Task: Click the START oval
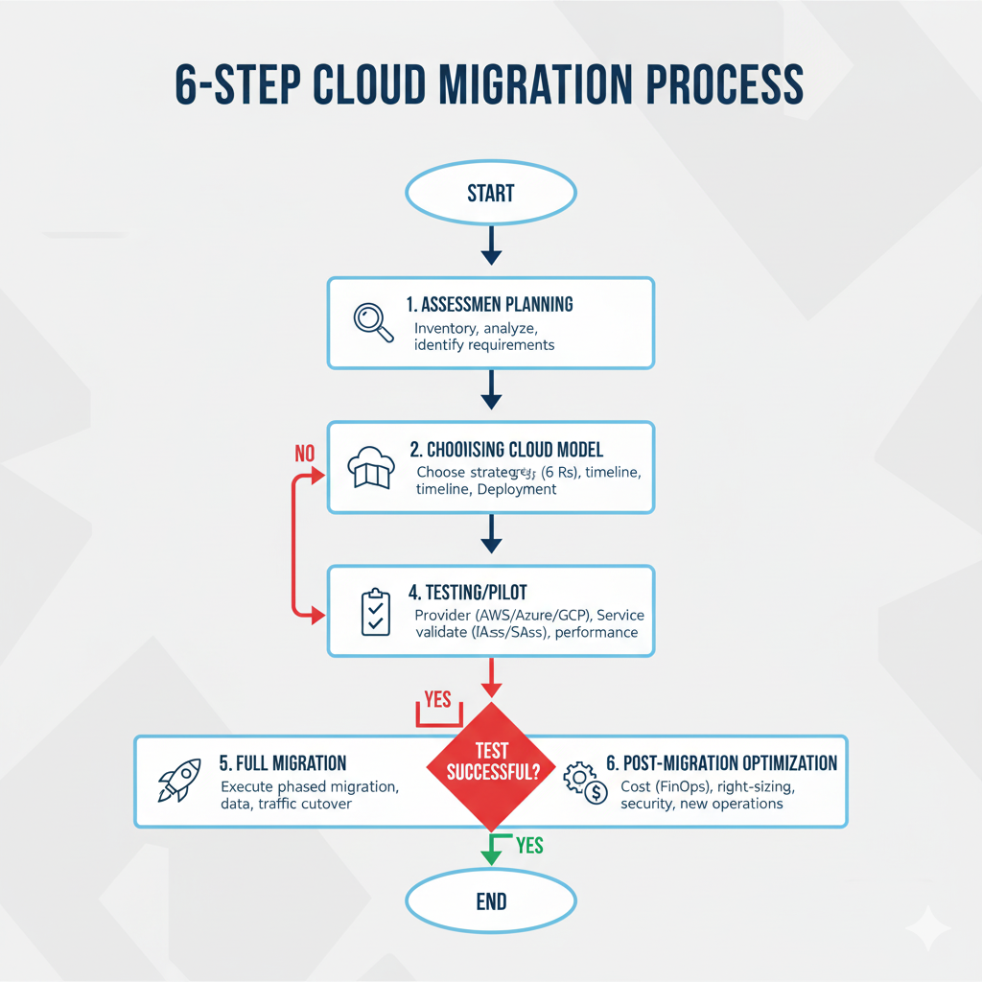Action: [x=490, y=193]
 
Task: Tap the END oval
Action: [x=490, y=900]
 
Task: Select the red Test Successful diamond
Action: [x=490, y=763]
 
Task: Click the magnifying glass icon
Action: [x=372, y=322]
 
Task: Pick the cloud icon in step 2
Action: [x=369, y=467]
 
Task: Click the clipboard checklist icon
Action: [x=374, y=612]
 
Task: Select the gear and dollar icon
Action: [x=584, y=783]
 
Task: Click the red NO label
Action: [x=304, y=453]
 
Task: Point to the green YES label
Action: [x=529, y=845]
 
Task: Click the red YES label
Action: [x=437, y=699]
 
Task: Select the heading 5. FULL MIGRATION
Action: [x=282, y=763]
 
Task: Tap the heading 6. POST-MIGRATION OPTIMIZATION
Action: [x=721, y=763]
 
